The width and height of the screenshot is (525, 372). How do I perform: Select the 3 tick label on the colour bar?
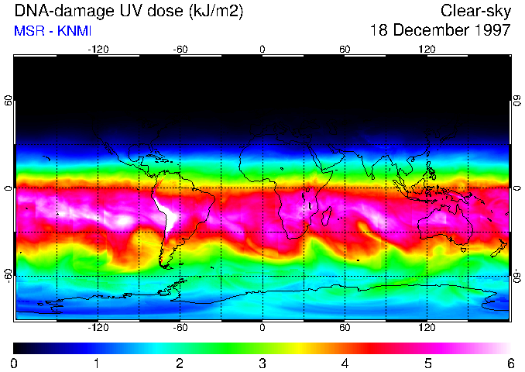pyautogui.click(x=262, y=363)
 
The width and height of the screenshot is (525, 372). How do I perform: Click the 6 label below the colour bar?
pyautogui.click(x=510, y=363)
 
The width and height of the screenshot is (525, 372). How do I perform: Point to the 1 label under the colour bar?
pyautogui.click(x=97, y=363)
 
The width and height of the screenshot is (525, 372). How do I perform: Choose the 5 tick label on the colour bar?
pyautogui.click(x=427, y=363)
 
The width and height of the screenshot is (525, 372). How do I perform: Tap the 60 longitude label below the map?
pyautogui.click(x=345, y=326)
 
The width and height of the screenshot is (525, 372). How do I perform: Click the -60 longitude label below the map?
pyautogui.click(x=180, y=326)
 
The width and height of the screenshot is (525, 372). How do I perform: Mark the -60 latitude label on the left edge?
pyautogui.click(x=9, y=276)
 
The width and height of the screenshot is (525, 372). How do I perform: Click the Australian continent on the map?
pyautogui.click(x=445, y=225)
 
